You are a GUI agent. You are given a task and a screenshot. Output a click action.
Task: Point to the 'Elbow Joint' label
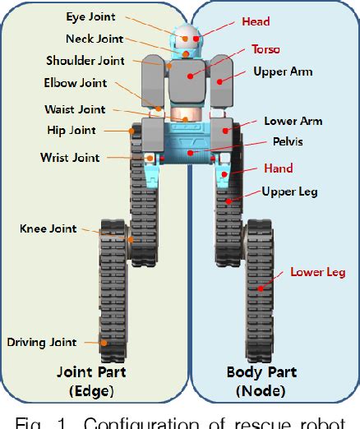point(75,82)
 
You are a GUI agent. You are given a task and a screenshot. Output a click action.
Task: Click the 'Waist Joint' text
point(75,109)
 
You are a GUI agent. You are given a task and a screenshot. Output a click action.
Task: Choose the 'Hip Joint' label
point(72,130)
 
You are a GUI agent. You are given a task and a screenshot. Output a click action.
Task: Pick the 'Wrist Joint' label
point(70,157)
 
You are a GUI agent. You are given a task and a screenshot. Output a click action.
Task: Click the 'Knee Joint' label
point(48,228)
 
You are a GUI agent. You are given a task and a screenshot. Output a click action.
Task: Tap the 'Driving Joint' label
point(42,342)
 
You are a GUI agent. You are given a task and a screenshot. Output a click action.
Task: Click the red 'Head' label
point(256,21)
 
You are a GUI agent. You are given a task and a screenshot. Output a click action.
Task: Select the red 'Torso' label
point(265,49)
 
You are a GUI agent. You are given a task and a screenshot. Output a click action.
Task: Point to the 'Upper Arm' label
point(283,72)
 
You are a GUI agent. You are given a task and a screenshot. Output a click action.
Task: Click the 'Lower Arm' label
point(293,121)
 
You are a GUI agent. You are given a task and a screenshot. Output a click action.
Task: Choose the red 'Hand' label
point(279,168)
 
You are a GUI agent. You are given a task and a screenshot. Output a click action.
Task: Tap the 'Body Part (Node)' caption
point(261,380)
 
